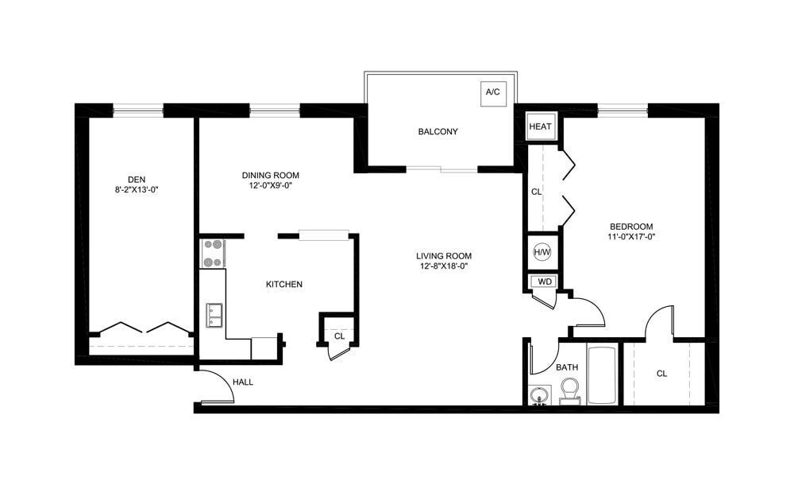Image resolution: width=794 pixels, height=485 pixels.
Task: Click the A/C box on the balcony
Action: point(492,92)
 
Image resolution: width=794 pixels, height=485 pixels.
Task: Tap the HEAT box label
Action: point(540,126)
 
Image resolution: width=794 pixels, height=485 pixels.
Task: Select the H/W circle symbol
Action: point(542,252)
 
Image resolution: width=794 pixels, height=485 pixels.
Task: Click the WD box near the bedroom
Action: point(545,281)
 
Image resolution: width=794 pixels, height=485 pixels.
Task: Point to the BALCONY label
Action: point(438,132)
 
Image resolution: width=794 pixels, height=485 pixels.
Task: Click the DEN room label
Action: point(137,179)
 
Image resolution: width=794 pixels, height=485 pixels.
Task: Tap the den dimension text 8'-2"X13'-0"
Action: point(137,190)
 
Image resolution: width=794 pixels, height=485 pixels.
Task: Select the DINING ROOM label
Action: point(271,175)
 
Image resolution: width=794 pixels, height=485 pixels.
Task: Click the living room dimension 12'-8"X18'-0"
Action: point(444,266)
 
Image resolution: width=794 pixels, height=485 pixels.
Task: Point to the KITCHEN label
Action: point(283,284)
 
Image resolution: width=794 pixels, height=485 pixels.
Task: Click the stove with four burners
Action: point(213,254)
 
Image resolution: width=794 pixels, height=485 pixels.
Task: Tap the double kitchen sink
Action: point(213,315)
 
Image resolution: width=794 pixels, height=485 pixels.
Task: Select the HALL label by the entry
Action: point(243,382)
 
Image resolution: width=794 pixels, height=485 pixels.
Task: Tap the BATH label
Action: point(566,367)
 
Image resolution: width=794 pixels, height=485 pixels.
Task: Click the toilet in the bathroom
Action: point(570,391)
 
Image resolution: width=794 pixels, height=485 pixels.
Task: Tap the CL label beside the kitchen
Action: point(339,336)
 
